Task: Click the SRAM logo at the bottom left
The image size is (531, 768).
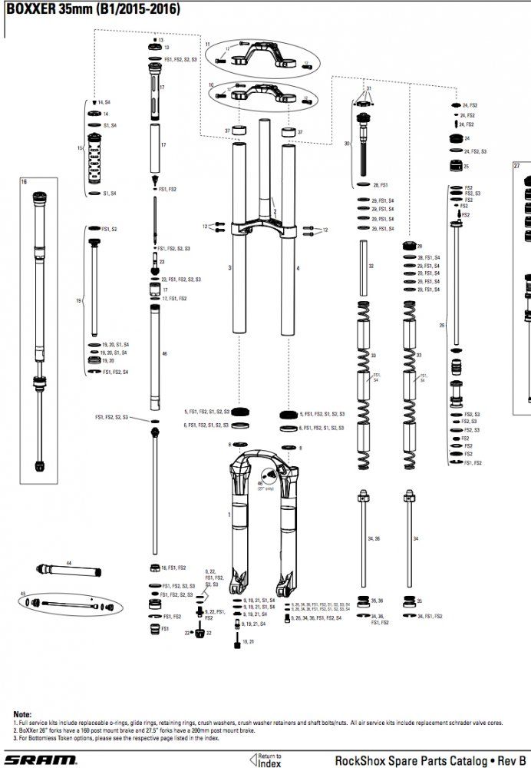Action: [42, 760]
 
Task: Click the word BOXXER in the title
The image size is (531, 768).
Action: [30, 9]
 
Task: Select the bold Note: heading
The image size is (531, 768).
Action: [22, 713]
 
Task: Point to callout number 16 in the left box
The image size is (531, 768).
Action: [24, 182]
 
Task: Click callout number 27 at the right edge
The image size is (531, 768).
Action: [516, 166]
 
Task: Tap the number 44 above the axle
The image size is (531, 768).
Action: [68, 563]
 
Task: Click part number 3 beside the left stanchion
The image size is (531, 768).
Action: [229, 268]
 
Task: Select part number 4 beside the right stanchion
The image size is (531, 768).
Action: [298, 268]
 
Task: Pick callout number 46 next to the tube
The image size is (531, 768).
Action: [164, 353]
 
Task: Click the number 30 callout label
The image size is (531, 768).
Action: [347, 144]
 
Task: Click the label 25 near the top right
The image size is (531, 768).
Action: [466, 166]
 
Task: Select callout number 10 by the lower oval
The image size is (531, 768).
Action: [210, 84]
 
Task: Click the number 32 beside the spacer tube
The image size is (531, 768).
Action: [371, 266]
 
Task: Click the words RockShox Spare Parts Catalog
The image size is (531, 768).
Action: [409, 760]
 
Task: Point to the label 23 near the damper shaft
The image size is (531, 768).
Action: [163, 262]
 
